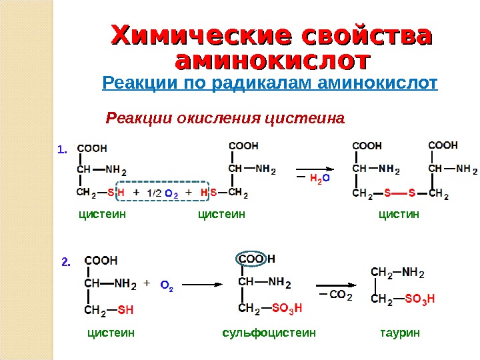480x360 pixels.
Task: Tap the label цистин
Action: coord(399,214)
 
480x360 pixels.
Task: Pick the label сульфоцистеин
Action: coord(269,331)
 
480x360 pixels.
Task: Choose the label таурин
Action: coord(400,331)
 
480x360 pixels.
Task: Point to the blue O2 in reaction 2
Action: coord(167,287)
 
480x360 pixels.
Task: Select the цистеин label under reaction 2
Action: coord(111,331)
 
